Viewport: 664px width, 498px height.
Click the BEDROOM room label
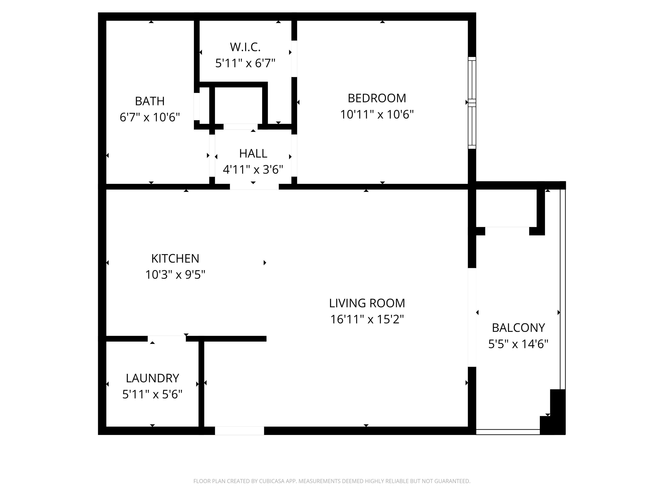(376, 98)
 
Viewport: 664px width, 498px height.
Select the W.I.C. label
(245, 47)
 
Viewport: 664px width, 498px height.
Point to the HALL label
(253, 154)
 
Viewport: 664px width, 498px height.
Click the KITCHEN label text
(175, 259)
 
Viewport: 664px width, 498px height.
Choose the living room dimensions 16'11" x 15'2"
(367, 319)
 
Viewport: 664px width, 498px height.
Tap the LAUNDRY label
(152, 378)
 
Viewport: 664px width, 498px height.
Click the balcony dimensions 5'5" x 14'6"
(518, 344)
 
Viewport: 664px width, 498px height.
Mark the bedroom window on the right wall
(472, 103)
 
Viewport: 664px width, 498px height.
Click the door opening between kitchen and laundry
(167, 339)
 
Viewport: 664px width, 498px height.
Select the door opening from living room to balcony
(472, 317)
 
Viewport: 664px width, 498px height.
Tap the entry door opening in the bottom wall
(239, 430)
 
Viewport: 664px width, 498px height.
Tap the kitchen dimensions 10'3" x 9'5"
(175, 275)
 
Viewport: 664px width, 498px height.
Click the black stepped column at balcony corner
(557, 414)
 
